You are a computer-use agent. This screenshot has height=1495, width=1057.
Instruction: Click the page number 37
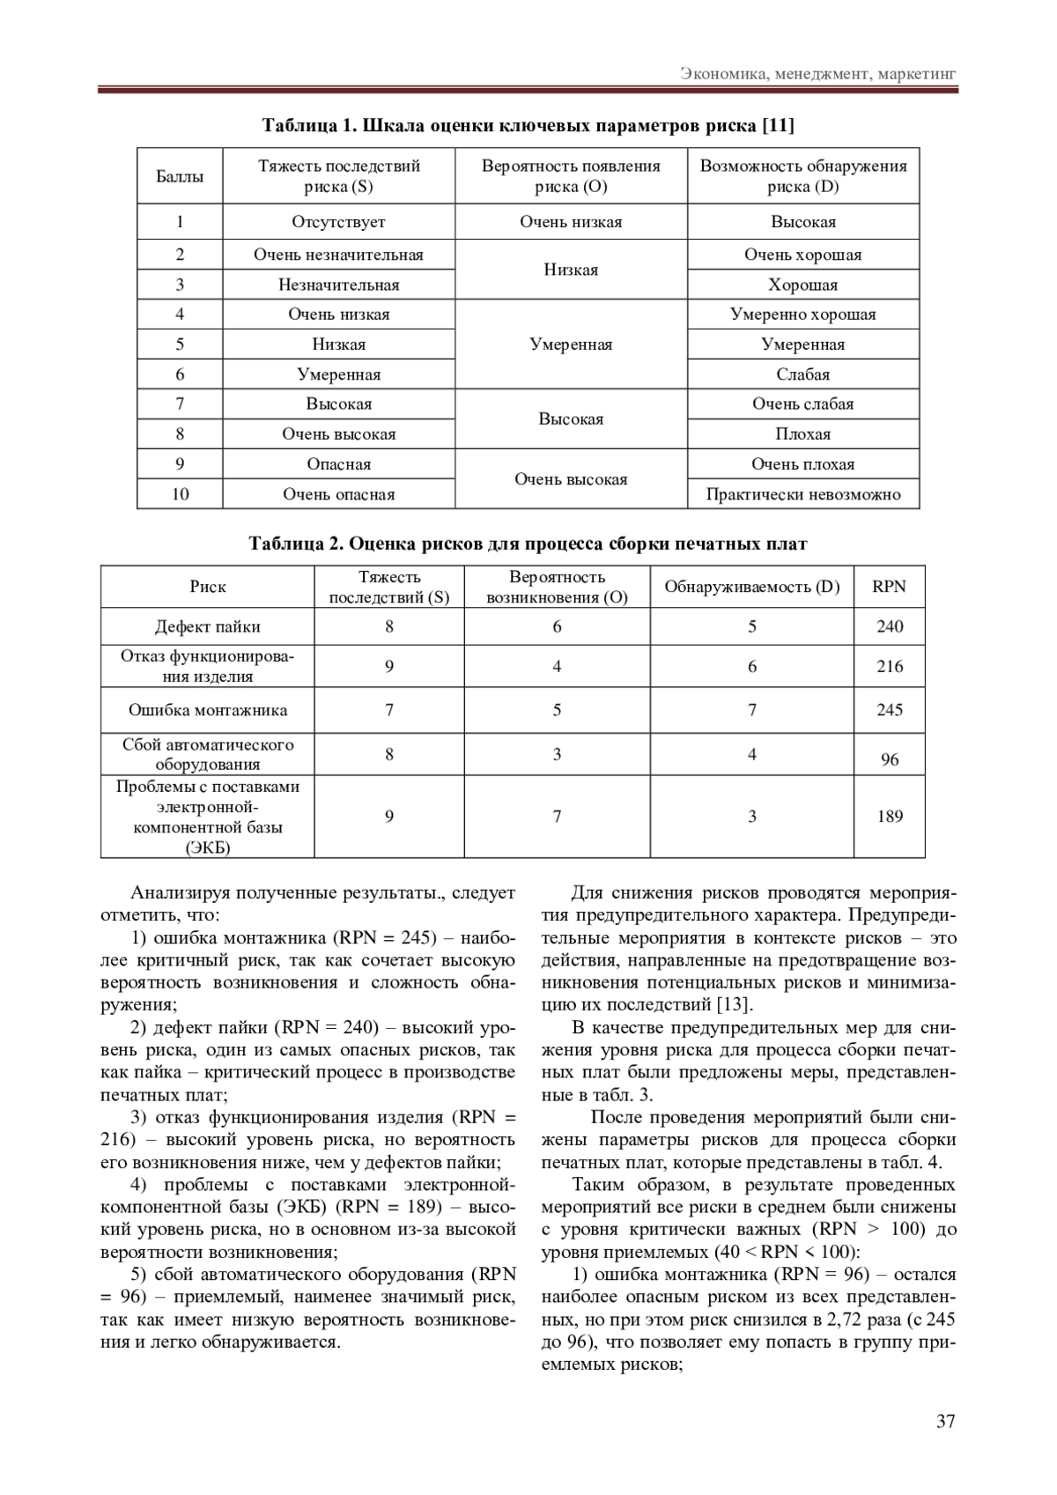(945, 1420)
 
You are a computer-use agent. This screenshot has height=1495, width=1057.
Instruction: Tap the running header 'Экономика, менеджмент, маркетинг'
(818, 73)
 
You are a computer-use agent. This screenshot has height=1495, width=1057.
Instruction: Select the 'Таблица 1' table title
(528, 125)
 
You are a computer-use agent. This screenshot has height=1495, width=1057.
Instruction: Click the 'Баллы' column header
(180, 176)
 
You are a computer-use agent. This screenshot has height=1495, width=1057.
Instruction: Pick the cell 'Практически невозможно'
(803, 494)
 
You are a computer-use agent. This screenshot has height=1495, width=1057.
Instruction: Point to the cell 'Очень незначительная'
(338, 255)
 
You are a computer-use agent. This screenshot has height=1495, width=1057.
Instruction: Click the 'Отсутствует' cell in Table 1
(338, 222)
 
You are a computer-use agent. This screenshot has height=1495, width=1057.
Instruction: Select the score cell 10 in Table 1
(180, 494)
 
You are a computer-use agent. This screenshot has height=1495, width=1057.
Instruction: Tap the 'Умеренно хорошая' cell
(803, 315)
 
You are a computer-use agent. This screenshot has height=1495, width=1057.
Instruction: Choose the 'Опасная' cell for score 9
(338, 464)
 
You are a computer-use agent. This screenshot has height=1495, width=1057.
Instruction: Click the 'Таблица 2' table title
(528, 544)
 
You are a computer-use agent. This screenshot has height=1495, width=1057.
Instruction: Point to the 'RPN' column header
(889, 587)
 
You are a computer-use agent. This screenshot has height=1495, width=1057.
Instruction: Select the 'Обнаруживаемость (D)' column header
(751, 587)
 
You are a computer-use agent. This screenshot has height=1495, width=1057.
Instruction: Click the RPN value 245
(889, 710)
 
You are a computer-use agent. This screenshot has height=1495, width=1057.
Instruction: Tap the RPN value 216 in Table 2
(889, 667)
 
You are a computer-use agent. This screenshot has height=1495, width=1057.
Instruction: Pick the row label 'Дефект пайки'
(208, 626)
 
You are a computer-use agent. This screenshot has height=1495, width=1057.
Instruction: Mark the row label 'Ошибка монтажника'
(208, 710)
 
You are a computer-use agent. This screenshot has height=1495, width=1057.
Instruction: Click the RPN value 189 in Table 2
(889, 817)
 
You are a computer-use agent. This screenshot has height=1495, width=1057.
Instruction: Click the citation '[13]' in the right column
(735, 1004)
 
